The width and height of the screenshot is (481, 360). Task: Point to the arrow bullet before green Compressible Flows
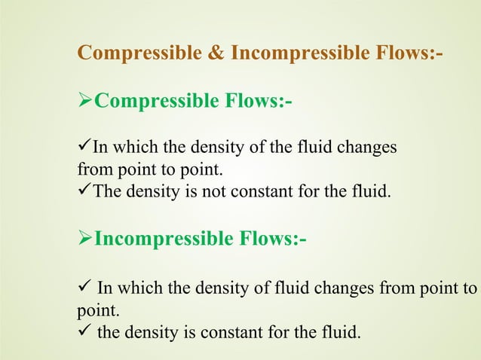point(85,101)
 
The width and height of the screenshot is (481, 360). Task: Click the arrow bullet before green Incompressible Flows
point(85,239)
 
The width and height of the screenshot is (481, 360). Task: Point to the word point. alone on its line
point(94,309)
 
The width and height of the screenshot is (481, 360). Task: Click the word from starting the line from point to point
point(92,169)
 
